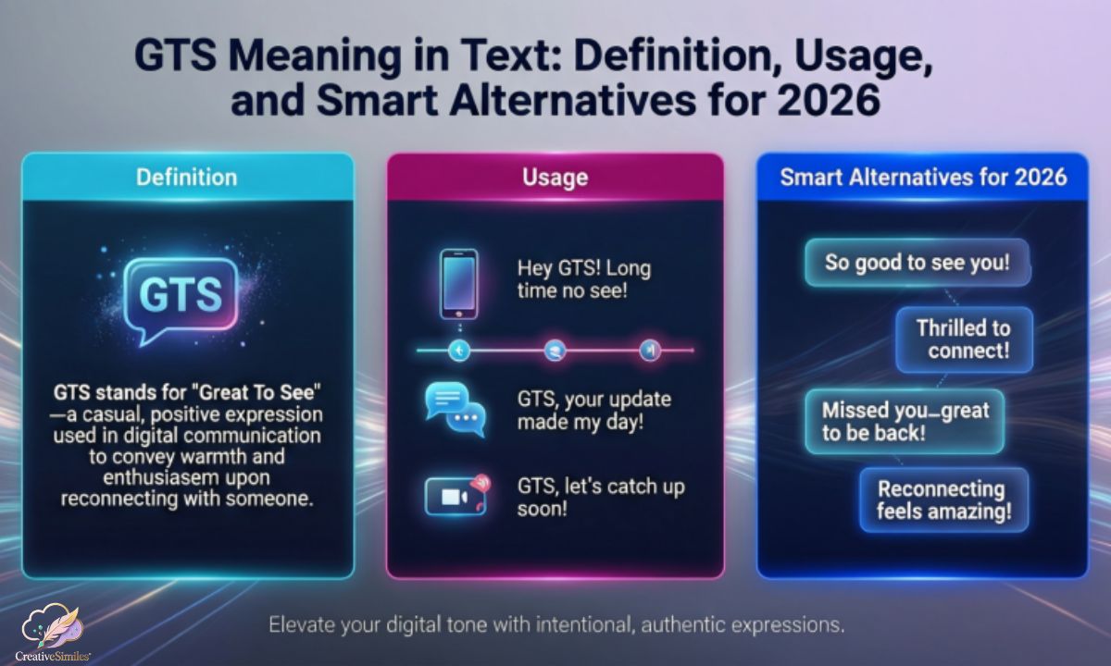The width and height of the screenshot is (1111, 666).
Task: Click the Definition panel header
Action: tap(187, 177)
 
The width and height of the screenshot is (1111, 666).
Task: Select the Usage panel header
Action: tap(555, 177)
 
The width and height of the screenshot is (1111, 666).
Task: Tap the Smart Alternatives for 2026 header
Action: tap(923, 177)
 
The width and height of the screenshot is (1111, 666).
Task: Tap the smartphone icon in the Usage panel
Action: tap(457, 282)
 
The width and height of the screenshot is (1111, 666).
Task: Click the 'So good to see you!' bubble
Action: tap(917, 263)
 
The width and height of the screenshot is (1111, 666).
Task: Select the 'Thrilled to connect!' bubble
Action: tap(963, 339)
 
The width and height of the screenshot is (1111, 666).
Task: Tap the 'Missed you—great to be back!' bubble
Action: tap(905, 421)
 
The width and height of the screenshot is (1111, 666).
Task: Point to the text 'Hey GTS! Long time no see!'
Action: tap(583, 281)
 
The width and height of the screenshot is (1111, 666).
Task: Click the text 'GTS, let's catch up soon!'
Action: tap(601, 497)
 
